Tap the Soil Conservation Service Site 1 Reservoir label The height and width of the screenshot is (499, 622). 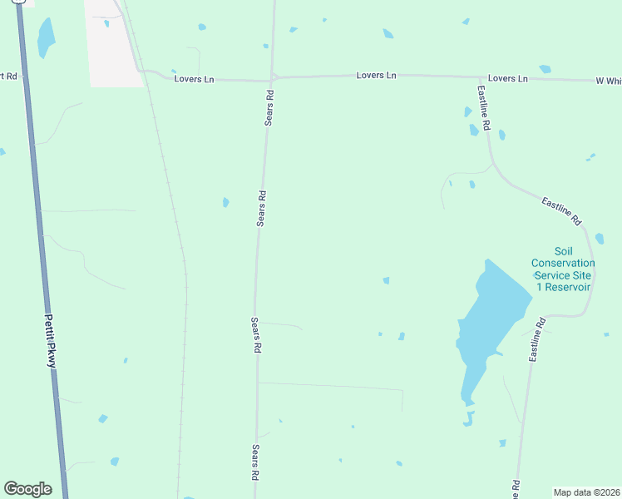coord(563,269)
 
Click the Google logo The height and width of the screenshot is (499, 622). coord(27,489)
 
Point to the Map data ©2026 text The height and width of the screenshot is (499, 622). coord(586,492)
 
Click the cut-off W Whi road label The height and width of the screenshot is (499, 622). coord(608,81)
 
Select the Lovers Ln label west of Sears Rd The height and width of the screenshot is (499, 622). coord(195,79)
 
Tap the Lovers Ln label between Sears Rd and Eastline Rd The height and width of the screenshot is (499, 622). coord(376,76)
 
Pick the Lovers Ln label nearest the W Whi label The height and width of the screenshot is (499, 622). coord(508,78)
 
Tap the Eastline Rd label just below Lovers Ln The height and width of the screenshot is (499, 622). coord(484,106)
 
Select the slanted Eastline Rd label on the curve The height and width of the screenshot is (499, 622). coord(560,211)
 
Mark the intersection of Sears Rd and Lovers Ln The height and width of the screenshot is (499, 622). coord(273,79)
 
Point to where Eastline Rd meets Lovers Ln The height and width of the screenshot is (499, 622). coord(478,78)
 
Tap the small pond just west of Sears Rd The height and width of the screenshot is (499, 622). coord(225,202)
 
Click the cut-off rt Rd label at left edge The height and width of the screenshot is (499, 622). coord(10,77)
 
